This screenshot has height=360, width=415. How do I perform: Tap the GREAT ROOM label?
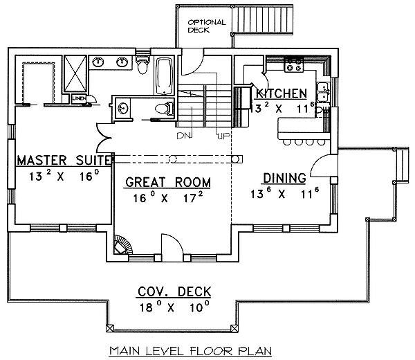coord(168,182)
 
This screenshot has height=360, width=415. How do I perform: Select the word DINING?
coord(284,178)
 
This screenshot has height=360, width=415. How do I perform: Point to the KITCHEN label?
coord(282,93)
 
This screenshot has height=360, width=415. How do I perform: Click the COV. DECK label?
coord(173,291)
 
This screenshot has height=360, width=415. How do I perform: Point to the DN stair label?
coord(184,134)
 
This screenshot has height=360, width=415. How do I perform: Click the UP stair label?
coord(223,134)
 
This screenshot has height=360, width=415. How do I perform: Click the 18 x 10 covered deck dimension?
coord(173,307)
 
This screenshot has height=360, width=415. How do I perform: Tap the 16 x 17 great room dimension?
coord(168,198)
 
